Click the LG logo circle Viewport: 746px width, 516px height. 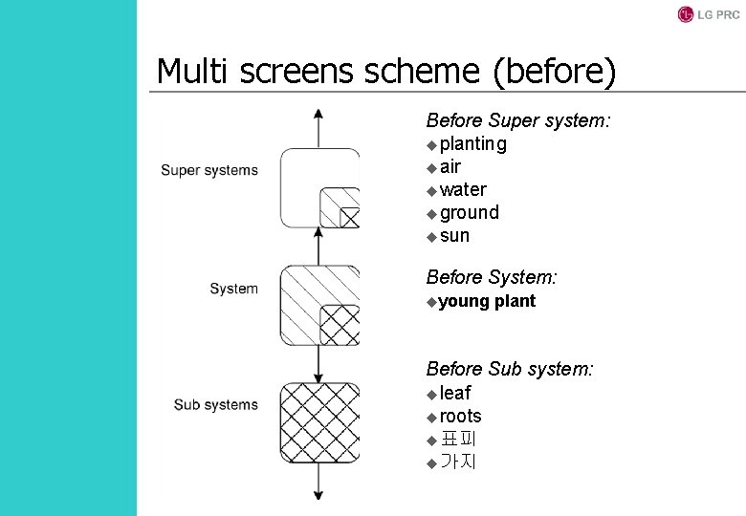point(685,14)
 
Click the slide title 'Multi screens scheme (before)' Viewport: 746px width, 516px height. point(386,71)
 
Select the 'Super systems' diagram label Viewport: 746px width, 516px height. point(208,170)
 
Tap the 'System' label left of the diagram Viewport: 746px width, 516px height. point(233,289)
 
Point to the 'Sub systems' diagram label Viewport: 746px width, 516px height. point(215,404)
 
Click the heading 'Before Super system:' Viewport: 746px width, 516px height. point(518,121)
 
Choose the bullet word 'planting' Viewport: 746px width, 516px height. point(472,144)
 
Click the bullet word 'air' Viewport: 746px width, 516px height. point(450,167)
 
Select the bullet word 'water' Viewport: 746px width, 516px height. point(463,190)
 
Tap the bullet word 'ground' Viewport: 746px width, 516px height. point(469,213)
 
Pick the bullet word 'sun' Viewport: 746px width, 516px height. point(454,236)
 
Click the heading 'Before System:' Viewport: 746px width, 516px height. point(492,278)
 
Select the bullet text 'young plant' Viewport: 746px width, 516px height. point(487,302)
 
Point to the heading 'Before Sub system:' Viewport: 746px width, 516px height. point(510,369)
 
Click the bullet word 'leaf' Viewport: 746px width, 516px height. point(455,393)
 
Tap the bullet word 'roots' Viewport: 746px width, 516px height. point(460,417)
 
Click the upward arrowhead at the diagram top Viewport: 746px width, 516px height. point(318,114)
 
